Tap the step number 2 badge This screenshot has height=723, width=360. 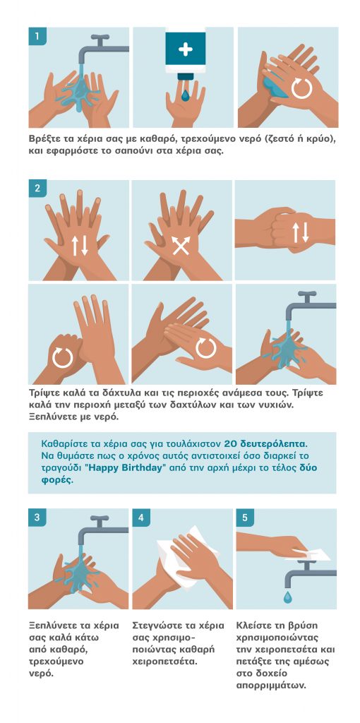37,189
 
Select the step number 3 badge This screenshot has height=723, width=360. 37,518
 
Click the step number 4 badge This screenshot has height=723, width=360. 141,518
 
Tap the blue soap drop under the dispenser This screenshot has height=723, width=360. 186,95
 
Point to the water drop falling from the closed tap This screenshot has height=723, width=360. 287,597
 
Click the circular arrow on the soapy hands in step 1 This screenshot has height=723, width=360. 302,88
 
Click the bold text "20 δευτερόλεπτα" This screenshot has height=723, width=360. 265,444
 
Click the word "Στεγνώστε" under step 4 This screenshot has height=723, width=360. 157,626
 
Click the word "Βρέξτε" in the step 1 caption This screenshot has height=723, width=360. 45,139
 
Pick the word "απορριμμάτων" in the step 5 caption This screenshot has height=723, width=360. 271,686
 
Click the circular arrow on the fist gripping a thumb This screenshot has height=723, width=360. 63,358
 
